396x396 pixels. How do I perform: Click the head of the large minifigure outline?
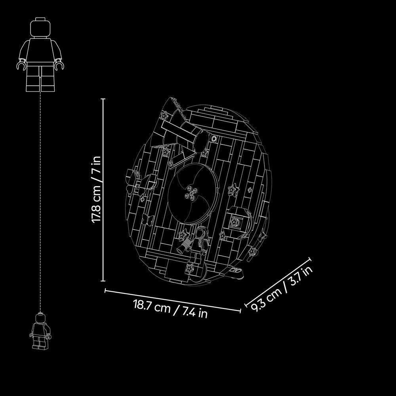(x=40, y=28)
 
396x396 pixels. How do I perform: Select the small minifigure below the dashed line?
(x=40, y=331)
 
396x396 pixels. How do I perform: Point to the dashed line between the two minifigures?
(x=40, y=202)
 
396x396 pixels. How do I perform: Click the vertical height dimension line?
(x=103, y=190)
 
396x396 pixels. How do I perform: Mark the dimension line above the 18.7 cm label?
(x=173, y=301)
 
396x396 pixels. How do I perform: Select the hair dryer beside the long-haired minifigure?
(x=185, y=246)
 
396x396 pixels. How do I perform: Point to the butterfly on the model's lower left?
(x=147, y=220)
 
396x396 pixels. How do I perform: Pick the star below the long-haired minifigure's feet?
(x=190, y=268)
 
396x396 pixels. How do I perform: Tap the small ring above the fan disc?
(x=214, y=138)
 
